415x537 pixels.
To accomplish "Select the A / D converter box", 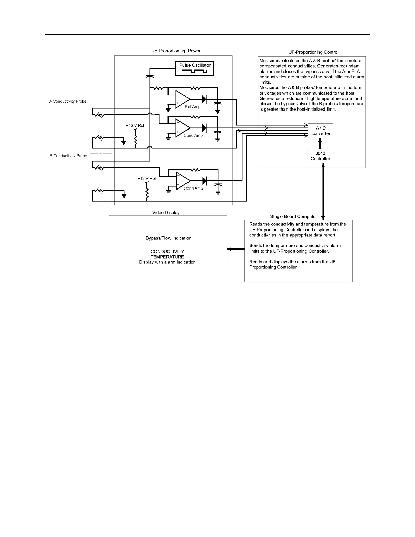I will click(x=320, y=131).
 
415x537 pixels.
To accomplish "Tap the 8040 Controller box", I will click(x=320, y=156).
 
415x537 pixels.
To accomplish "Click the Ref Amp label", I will click(x=193, y=107).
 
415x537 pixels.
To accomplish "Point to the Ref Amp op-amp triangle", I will click(x=182, y=99).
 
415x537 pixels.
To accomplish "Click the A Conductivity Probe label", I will click(x=68, y=101).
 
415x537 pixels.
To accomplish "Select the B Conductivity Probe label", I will click(x=68, y=156).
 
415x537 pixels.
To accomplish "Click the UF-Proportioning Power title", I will click(x=176, y=51).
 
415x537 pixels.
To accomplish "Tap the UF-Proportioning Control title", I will click(x=313, y=52).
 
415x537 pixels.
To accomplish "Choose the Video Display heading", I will click(x=166, y=213).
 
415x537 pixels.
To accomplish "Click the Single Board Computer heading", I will click(x=294, y=217).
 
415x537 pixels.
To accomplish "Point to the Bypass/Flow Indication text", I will click(x=169, y=238).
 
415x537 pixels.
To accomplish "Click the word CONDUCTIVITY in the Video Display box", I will click(x=167, y=252).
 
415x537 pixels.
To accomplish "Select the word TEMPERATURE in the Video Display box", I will click(x=167, y=257).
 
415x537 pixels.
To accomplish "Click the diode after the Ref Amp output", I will click(x=204, y=99).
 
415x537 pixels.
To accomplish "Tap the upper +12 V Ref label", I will click(x=135, y=126).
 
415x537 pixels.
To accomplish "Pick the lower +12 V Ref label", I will click(x=147, y=179).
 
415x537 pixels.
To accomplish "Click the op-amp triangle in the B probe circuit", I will click(x=182, y=180).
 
